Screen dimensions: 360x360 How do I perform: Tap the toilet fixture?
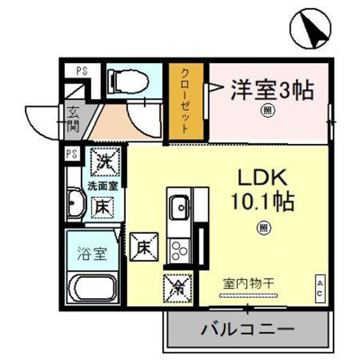[x=127, y=80]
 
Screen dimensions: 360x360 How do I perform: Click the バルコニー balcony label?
[x=247, y=329]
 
